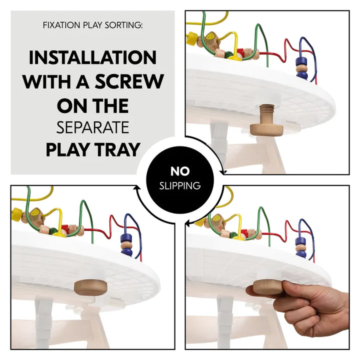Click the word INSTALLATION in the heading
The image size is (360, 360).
[92, 57]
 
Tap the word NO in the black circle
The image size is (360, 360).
[179, 171]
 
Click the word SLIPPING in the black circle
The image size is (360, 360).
[179, 186]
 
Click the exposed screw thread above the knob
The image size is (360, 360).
[266, 110]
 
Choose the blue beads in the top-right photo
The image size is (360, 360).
[301, 67]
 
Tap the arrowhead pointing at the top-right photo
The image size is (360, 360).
[223, 172]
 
